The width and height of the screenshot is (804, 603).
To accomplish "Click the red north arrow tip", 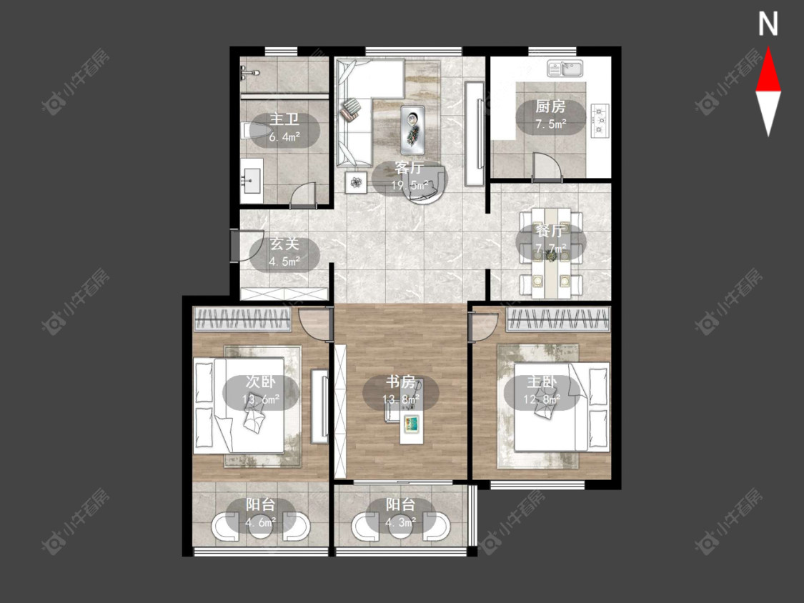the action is pos(768,48).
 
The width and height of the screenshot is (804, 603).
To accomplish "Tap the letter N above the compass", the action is pos(768,24).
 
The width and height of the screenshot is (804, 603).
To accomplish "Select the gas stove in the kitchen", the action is pos(600,121).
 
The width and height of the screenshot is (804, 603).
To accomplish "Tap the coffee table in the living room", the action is pos(413,130).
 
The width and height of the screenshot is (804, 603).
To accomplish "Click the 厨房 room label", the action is pos(550,106).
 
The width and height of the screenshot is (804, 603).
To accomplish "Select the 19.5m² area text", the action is pos(410,185).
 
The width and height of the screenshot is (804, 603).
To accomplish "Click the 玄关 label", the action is pos(284,244).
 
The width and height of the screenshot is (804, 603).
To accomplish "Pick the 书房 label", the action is pos(400,382).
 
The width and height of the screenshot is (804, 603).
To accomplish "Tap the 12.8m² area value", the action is pos(542,399).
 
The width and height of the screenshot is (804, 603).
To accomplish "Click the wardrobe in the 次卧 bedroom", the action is pos(242,319).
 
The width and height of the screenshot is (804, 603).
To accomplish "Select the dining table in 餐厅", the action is pos(551,253).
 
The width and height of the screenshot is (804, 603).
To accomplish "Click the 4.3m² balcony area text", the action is pos(400,522).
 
